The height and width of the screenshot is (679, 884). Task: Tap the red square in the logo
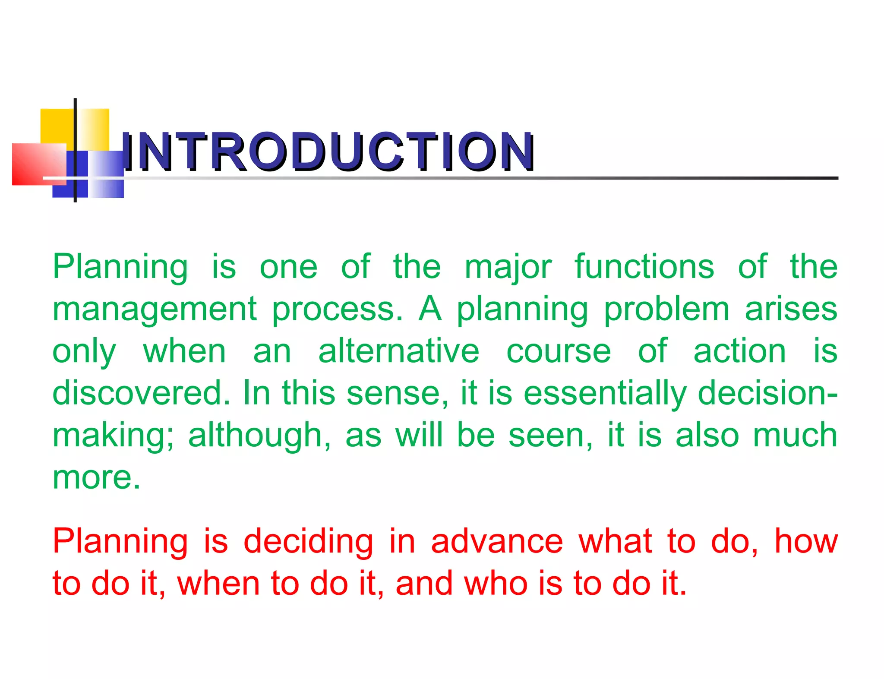(35, 164)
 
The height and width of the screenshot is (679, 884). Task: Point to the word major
(508, 268)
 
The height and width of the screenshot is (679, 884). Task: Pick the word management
(155, 310)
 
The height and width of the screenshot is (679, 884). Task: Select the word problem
(666, 309)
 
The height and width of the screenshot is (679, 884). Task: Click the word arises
(791, 309)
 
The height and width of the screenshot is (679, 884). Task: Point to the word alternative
(398, 351)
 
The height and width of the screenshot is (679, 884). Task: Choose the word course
(559, 352)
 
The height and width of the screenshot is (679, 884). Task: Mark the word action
(739, 351)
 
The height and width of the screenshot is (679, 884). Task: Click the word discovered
(141, 393)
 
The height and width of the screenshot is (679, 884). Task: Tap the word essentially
(604, 394)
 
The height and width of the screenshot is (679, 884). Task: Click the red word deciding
(308, 542)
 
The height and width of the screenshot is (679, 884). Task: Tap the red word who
(496, 584)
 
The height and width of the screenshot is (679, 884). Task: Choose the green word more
(96, 478)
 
